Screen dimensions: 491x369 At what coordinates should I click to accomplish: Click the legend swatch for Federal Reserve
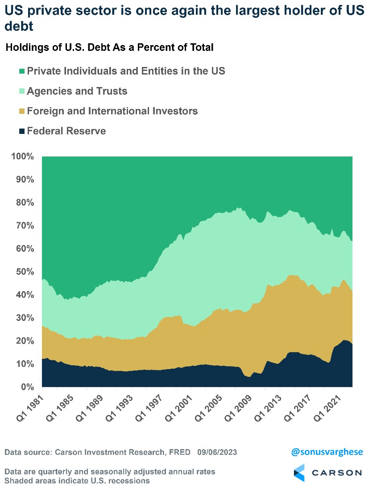(21, 131)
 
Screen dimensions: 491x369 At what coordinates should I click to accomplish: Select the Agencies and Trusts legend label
(77, 91)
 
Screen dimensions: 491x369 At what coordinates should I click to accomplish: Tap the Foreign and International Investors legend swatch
(21, 111)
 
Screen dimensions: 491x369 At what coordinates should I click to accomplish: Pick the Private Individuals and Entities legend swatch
(21, 71)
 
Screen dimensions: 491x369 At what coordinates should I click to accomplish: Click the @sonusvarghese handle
(327, 452)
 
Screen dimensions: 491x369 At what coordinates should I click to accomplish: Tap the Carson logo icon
(299, 473)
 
